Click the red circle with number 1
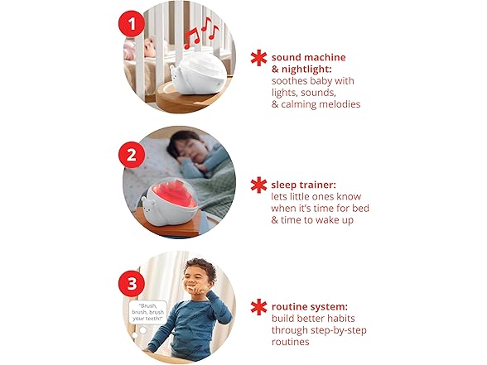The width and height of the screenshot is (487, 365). pos(132,24)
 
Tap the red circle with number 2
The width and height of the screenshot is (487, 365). pos(132,155)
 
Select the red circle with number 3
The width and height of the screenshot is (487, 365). pos(132,283)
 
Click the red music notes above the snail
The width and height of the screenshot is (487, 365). pos(201,32)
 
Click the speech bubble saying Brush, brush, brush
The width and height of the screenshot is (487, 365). pos(147,312)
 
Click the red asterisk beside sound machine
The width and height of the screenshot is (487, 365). pos(258,58)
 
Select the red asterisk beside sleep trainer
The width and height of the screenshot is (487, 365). pos(258,185)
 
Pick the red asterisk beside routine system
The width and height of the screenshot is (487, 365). pos(258,307)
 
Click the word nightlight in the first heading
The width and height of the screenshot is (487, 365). pos(306,70)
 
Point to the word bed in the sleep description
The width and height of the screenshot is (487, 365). pos(360,208)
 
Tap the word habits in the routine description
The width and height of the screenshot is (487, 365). pos(340,318)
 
